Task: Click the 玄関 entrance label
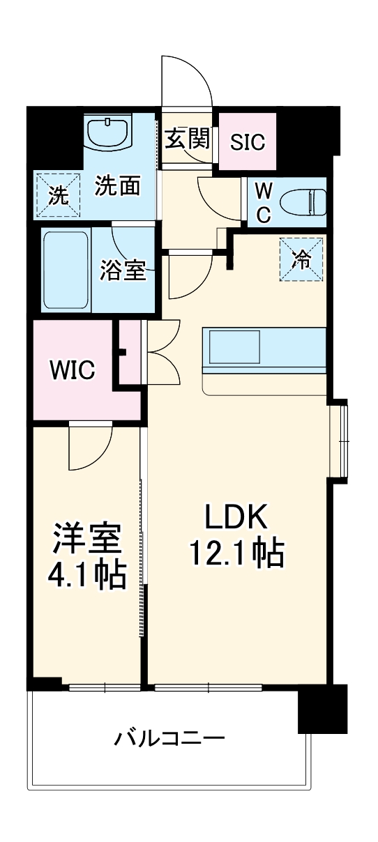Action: (188, 139)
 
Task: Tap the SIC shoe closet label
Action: (248, 143)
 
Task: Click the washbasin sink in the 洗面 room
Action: (109, 132)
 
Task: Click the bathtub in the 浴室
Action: (66, 270)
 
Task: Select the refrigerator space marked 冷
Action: (302, 260)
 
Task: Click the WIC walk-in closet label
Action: (72, 370)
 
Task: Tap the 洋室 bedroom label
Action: (87, 539)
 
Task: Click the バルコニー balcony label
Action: (169, 737)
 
